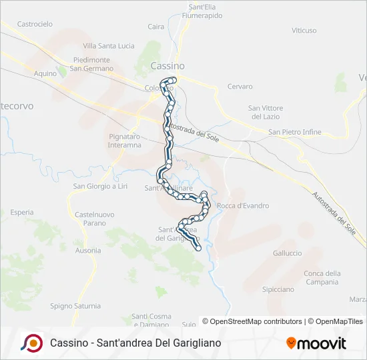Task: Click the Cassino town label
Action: pyautogui.click(x=167, y=66)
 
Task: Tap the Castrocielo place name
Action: pyautogui.click(x=35, y=24)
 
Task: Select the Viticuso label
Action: pyautogui.click(x=304, y=31)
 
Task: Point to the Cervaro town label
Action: pyautogui.click(x=240, y=87)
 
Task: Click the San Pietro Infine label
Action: pyautogui.click(x=295, y=132)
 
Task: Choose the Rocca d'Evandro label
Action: pyautogui.click(x=244, y=206)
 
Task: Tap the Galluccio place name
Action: pyautogui.click(x=288, y=253)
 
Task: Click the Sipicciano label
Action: pyautogui.click(x=278, y=289)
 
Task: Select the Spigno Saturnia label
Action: pyautogui.click(x=75, y=306)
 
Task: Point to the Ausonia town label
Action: pyautogui.click(x=88, y=251)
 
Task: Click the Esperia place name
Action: pyautogui.click(x=22, y=212)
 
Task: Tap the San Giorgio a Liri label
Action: pyautogui.click(x=100, y=186)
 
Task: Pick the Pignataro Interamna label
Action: pyautogui.click(x=125, y=141)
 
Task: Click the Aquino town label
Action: pyautogui.click(x=45, y=73)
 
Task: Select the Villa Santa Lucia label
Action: pyautogui.click(x=109, y=46)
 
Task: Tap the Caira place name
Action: pyautogui.click(x=156, y=27)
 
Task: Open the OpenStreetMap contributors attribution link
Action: pyautogui.click(x=252, y=321)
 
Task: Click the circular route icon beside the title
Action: pyautogui.click(x=31, y=343)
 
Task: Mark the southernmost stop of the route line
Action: pyautogui.click(x=198, y=249)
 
